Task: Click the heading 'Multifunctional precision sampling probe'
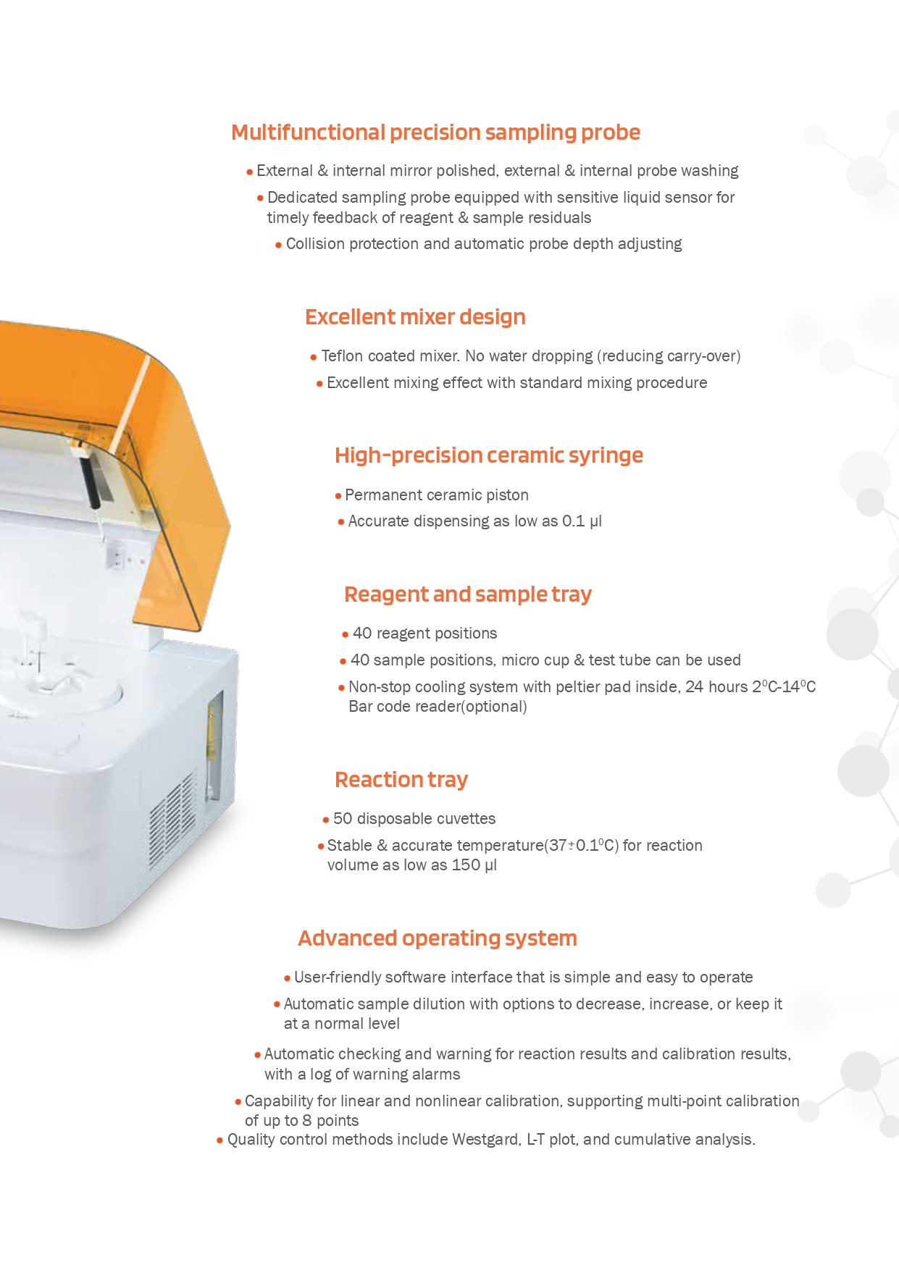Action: coord(435,133)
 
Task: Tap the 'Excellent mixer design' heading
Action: coord(415,318)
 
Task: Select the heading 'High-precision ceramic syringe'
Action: coord(489,456)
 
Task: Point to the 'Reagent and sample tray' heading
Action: coord(468,595)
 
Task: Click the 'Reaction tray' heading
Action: coord(401,780)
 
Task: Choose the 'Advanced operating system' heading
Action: coord(438,938)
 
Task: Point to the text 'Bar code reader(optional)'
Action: coord(438,707)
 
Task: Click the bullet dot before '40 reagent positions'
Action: coord(345,635)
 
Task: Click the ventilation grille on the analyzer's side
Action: coord(172,820)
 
